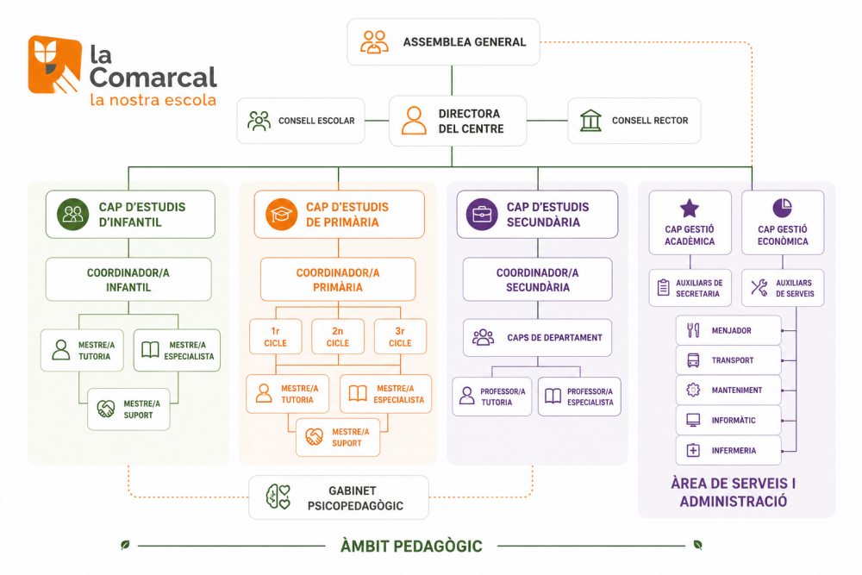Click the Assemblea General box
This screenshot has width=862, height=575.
pos(443,41)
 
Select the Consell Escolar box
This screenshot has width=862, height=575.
pos(301,121)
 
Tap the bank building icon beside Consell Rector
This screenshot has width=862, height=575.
pos(590,121)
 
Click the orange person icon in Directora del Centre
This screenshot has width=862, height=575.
pos(414,121)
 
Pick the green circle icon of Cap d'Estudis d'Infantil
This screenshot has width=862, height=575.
pos(72,214)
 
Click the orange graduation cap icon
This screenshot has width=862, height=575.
pos(281,214)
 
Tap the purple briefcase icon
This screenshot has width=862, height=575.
pos(482,214)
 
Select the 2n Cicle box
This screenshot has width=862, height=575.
pos(338,336)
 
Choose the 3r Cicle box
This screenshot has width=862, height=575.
pos(400,336)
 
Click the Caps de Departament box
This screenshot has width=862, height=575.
pos(537,338)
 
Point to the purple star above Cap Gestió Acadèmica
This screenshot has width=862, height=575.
pos(690,209)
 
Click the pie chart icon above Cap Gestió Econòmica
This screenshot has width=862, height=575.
pos(783,208)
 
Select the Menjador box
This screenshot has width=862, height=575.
pos(728,330)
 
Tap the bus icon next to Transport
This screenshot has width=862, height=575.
pos(693,360)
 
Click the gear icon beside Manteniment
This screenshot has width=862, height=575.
pos(693,390)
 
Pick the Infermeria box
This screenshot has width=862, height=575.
pos(728,450)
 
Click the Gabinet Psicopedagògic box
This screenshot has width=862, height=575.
pos(339,497)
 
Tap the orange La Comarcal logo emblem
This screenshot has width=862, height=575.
pos(55,65)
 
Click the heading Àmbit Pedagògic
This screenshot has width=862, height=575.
pos(411,546)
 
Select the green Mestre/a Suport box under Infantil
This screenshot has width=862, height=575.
pos(128,409)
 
